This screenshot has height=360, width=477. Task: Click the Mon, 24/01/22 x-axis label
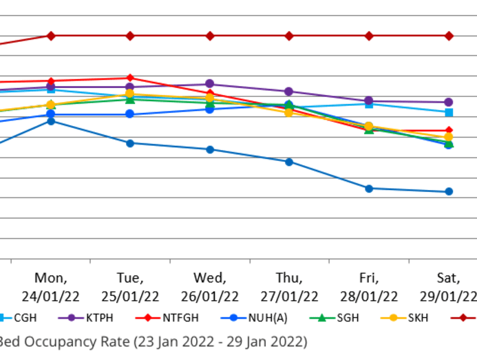pos(51,287)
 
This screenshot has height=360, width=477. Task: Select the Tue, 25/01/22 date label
pos(130,287)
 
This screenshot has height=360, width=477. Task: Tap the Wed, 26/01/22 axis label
pos(210,287)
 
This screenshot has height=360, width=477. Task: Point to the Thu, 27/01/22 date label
pos(289,287)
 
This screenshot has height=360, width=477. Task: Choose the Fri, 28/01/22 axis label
pos(369,287)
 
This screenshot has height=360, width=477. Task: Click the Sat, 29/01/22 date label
pos(448,287)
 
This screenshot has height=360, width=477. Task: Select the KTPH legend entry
pos(98,318)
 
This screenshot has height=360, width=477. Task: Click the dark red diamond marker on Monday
pos(50,36)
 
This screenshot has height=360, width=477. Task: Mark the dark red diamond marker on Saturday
pos(449,36)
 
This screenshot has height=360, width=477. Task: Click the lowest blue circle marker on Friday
pos(369,189)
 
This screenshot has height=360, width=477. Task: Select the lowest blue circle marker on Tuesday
pos(130,143)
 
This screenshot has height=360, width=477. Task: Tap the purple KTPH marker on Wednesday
pos(210,84)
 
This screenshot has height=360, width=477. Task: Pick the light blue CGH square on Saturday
pos(449,112)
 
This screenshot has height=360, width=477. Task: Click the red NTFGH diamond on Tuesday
pos(130,78)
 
